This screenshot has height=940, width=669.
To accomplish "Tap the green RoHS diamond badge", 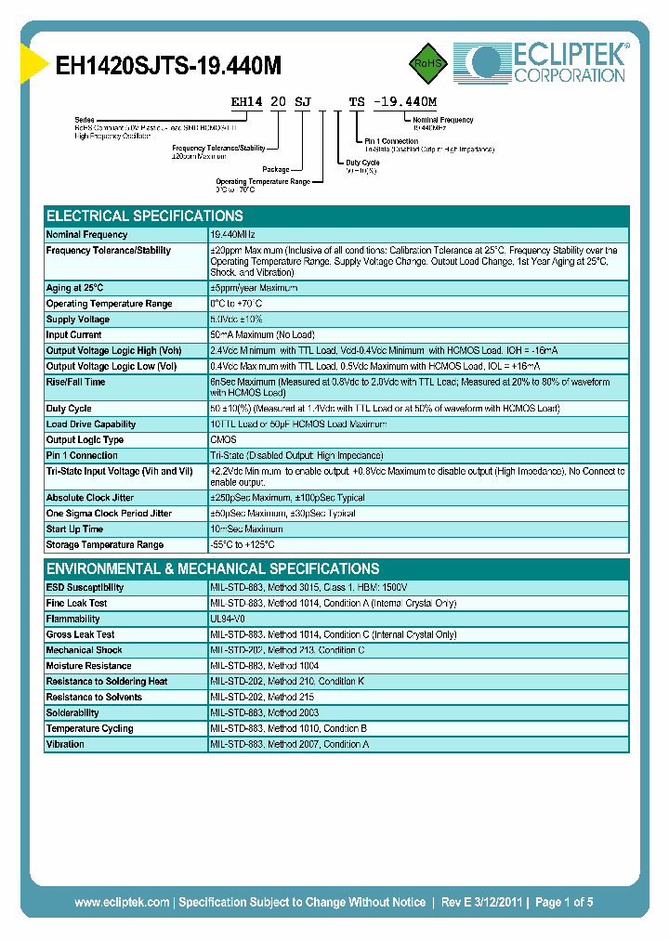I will tap(428, 62).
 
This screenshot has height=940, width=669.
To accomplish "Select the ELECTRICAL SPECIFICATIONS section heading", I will tap(145, 215).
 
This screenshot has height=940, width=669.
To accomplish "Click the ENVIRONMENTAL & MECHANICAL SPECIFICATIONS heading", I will tap(213, 568).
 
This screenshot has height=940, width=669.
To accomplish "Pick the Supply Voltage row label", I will tap(78, 320).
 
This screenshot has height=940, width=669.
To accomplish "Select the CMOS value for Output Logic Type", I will tap(223, 440).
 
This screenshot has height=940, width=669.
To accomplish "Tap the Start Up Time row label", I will tap(74, 529).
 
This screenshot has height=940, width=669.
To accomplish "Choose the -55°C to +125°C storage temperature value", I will tap(243, 545).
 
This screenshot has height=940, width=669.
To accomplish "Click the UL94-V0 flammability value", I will tap(229, 619).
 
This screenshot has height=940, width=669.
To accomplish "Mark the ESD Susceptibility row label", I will tap(85, 588).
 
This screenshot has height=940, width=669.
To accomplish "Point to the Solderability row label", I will tap(72, 713).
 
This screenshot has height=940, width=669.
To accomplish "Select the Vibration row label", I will tap(65, 744).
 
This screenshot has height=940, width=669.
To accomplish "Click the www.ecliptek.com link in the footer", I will tap(122, 902).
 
